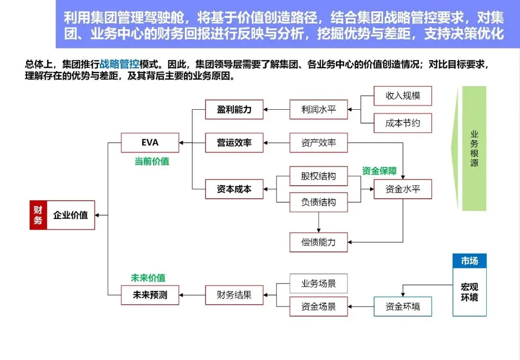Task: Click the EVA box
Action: pos(150,143)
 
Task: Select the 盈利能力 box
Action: pos(234,110)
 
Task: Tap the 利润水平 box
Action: pos(318,110)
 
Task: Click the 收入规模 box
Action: pos(403,96)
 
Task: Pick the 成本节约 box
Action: pos(403,123)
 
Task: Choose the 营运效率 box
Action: pos(234,143)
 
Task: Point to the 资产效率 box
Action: pos(318,143)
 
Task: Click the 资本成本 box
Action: pos(234,189)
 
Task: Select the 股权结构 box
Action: pos(318,176)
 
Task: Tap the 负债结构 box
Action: pos(318,202)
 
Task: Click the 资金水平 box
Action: pos(403,189)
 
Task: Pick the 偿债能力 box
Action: pos(318,242)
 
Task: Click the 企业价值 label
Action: pos(70,215)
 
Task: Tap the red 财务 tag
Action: pos(38,215)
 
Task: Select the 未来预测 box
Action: pos(150,295)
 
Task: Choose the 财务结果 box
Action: pos(234,295)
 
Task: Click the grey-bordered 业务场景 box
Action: pos(318,283)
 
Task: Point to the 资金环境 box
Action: pos(403,307)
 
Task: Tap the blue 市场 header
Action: pos(469,261)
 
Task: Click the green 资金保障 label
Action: pos(379,171)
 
